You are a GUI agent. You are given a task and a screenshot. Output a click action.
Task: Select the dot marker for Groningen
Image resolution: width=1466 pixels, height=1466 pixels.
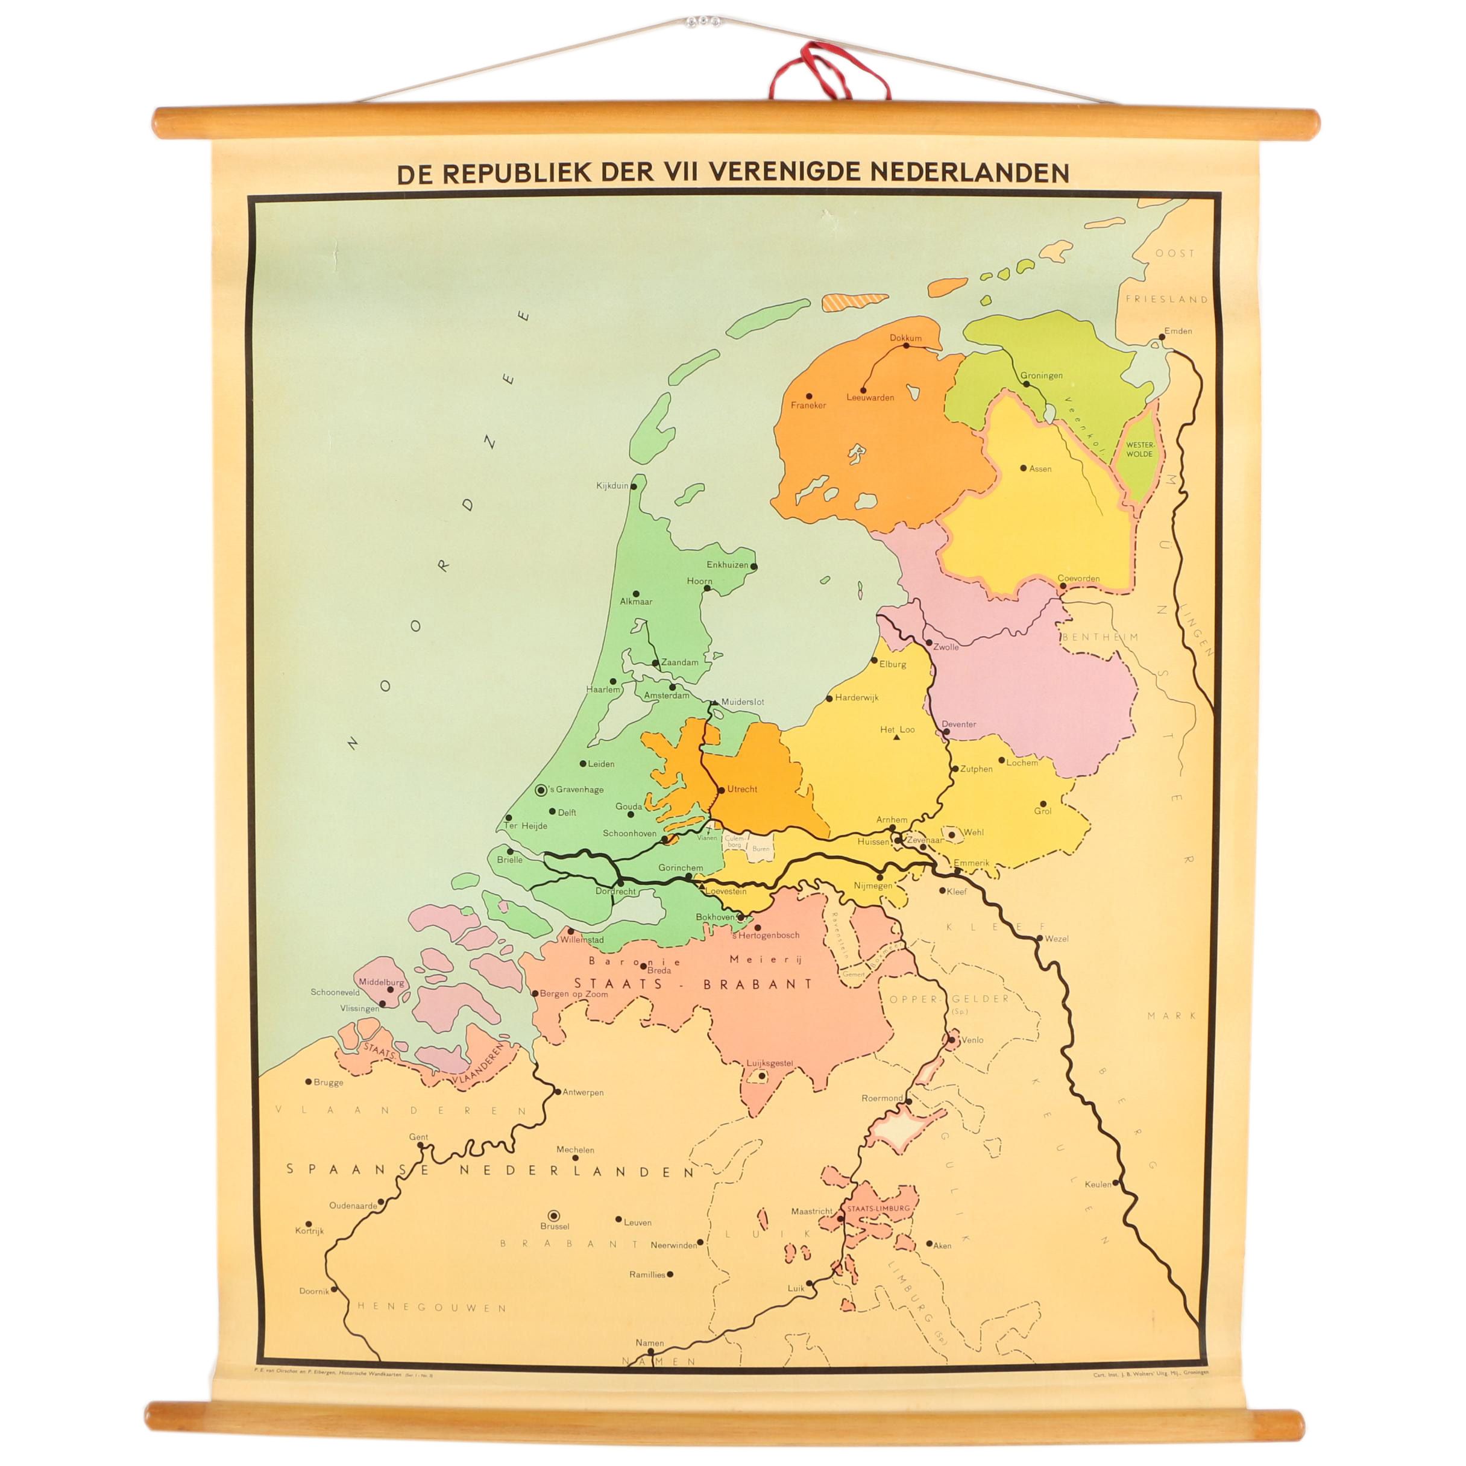click(1027, 384)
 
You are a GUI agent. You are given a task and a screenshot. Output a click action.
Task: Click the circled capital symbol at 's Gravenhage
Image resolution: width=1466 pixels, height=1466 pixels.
click(541, 790)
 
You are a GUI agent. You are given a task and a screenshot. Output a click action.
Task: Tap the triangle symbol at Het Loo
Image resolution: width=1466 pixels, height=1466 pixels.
click(898, 737)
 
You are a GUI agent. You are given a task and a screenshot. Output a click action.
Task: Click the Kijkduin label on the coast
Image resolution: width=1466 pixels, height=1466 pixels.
click(612, 486)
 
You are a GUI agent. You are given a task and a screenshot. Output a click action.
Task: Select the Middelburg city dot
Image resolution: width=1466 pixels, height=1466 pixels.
click(390, 989)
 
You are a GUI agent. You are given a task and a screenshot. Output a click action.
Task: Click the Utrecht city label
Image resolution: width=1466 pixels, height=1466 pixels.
click(742, 789)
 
